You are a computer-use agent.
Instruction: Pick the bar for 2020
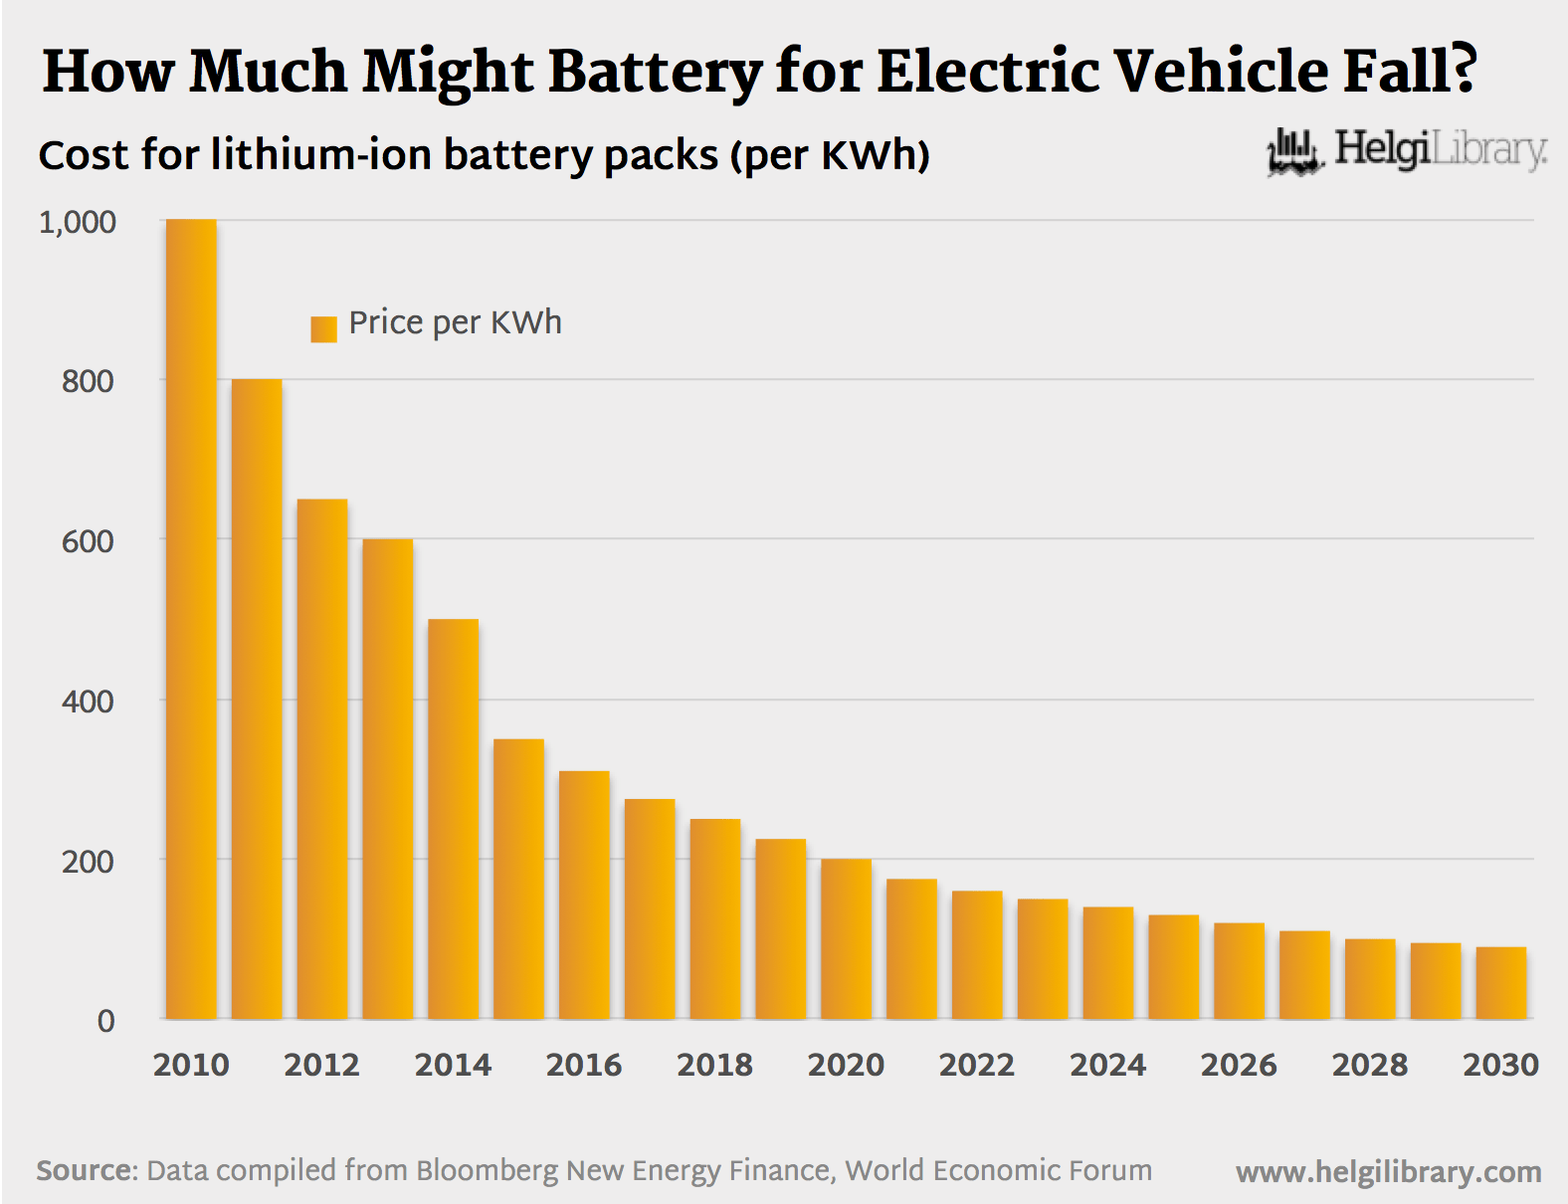coord(846,938)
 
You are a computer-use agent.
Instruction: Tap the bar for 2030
coord(1500,983)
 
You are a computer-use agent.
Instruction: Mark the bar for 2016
coord(584,895)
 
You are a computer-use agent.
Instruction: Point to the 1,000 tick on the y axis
coord(78,222)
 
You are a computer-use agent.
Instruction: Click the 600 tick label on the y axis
coord(88,541)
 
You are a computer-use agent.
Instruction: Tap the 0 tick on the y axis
coord(105,1021)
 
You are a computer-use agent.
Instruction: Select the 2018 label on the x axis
coord(714,1065)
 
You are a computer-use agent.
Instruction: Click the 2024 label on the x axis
coord(1107,1065)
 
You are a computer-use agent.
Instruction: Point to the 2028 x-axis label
coord(1369,1065)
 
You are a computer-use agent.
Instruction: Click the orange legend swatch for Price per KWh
coord(323,328)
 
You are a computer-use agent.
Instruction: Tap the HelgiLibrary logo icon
coord(1293,152)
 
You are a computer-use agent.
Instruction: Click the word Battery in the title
coord(656,72)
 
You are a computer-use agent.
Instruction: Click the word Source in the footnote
coord(86,1170)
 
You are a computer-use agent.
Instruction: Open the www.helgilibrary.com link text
coord(1388,1172)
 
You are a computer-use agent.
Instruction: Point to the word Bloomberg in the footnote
coord(487,1170)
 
